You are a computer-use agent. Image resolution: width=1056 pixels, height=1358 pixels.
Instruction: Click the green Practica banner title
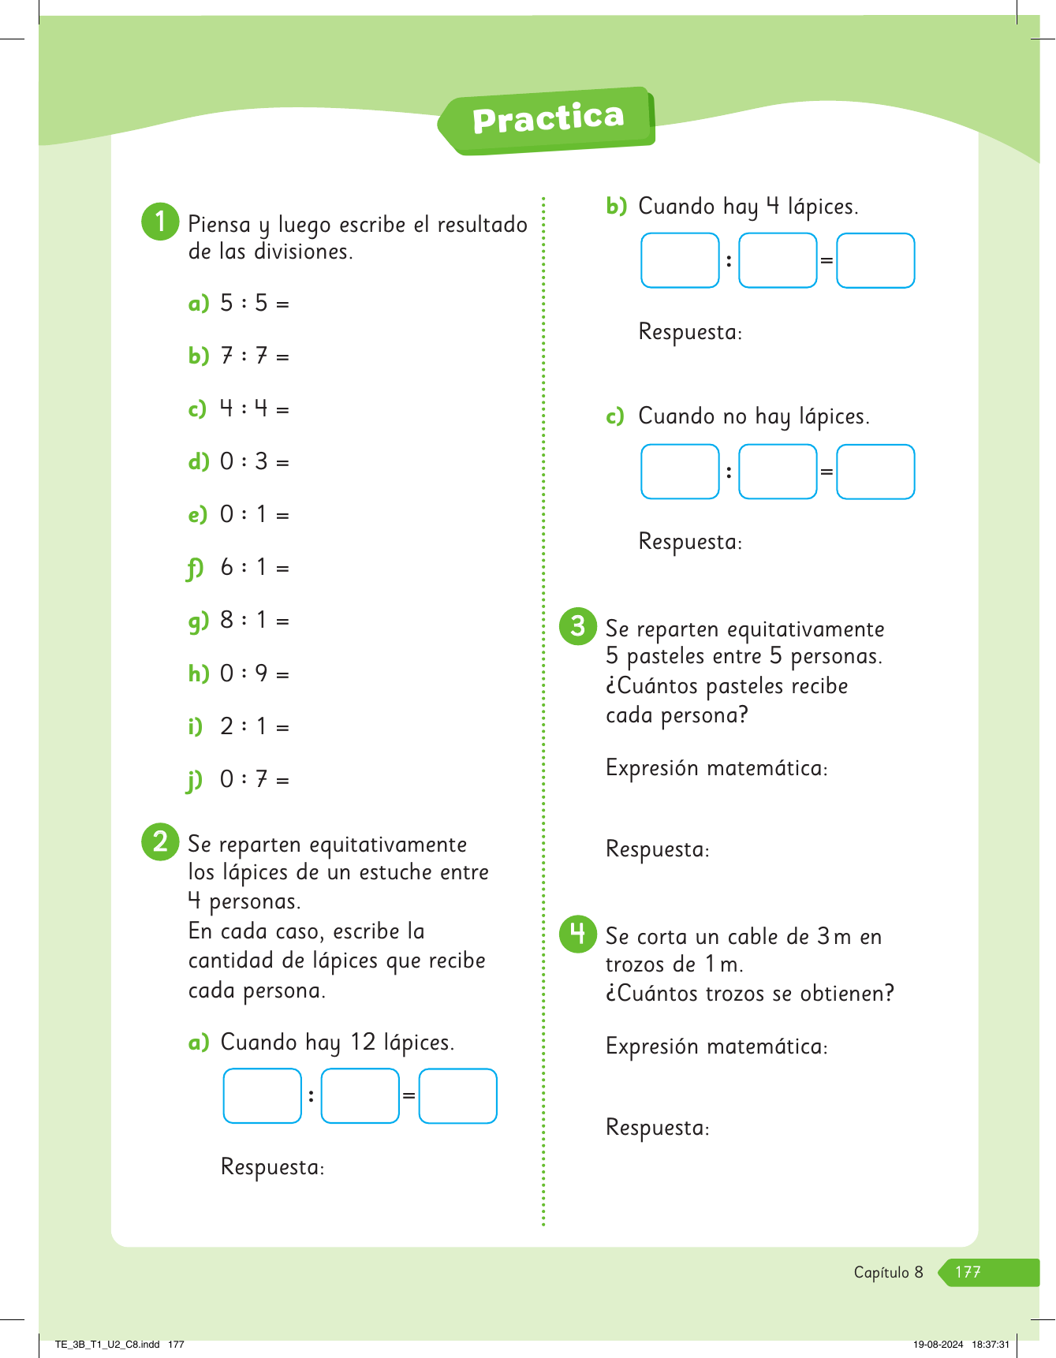pos(548,119)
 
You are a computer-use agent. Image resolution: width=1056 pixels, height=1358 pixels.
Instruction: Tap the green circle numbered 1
pos(160,222)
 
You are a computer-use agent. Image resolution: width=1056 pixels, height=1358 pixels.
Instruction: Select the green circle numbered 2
pos(160,841)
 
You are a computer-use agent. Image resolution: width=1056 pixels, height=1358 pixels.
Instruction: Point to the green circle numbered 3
pos(578,626)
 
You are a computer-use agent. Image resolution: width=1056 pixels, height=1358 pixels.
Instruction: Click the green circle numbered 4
pos(578,934)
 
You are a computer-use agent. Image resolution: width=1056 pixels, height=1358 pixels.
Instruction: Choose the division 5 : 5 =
pos(254,304)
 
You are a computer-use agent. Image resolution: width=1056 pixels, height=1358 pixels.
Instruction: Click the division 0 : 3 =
pos(254,461)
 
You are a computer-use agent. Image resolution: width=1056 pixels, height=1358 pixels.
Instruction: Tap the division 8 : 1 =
pos(254,621)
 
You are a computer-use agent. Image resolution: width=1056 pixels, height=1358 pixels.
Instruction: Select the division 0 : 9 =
pos(254,673)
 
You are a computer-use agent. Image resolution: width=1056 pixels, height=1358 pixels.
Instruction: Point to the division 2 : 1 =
pos(254,726)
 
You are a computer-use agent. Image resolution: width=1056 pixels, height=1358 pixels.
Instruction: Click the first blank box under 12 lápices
pos(263,1095)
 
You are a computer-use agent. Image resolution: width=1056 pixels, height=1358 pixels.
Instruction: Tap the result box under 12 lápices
pos(457,1095)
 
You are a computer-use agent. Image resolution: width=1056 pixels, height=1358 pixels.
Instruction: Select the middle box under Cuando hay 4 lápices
pos(778,260)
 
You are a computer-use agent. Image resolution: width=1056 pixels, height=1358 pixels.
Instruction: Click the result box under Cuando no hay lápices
pos(875,472)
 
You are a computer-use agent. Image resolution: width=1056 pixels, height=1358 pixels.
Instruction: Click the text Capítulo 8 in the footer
pos(888,1272)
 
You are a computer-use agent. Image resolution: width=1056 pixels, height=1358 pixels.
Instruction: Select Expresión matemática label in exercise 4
pos(716,1046)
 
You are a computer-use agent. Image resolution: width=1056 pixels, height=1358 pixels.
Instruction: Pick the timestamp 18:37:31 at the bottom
pos(991,1345)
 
